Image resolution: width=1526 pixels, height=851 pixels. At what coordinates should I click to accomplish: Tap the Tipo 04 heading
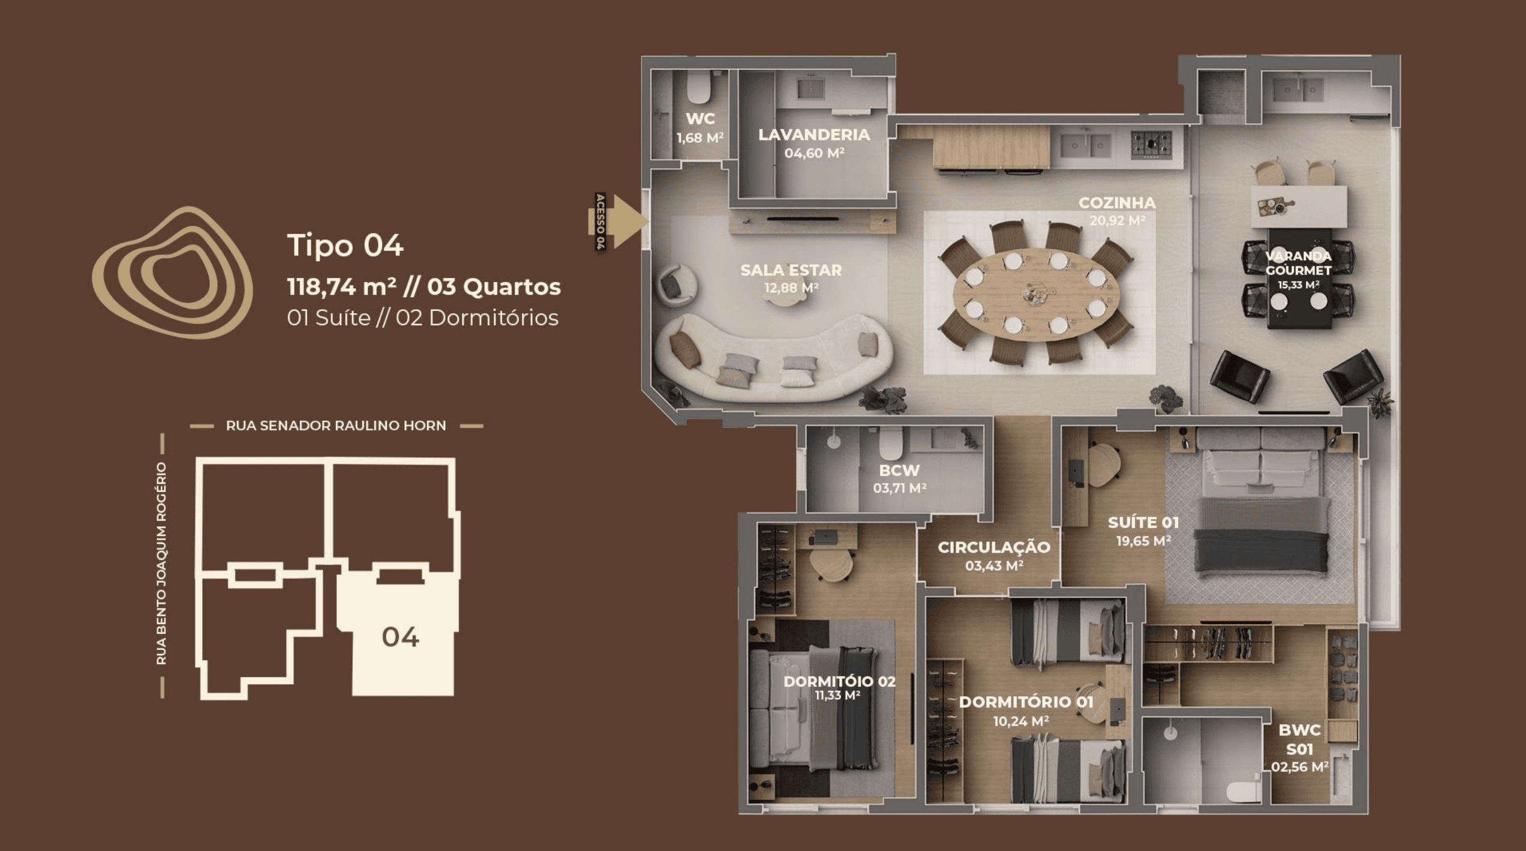tap(345, 245)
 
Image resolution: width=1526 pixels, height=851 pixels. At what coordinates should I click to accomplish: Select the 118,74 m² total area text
tap(341, 287)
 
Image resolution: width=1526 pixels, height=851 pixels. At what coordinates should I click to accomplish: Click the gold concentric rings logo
tap(172, 273)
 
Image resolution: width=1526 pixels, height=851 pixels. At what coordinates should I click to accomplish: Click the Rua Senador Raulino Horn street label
tap(336, 425)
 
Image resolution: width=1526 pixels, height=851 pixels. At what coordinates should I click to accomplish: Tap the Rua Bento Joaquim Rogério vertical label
tap(161, 563)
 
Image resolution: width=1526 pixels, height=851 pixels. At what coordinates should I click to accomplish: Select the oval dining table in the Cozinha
tap(1036, 294)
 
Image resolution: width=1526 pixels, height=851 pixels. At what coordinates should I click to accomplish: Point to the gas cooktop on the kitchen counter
tap(1151, 145)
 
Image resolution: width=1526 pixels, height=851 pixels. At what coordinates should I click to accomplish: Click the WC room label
tap(700, 119)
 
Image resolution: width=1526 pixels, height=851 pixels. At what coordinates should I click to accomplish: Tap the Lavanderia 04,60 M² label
tap(814, 143)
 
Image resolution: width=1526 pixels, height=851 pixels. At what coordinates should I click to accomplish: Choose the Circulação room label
tap(994, 547)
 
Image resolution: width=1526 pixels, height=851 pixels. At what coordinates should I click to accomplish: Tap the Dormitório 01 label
tap(1026, 702)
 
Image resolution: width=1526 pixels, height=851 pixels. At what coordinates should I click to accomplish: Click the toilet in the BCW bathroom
tap(890, 443)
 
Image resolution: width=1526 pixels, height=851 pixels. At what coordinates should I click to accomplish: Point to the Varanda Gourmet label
tap(1298, 263)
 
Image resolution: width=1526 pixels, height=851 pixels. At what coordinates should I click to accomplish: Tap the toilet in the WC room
tap(699, 88)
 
